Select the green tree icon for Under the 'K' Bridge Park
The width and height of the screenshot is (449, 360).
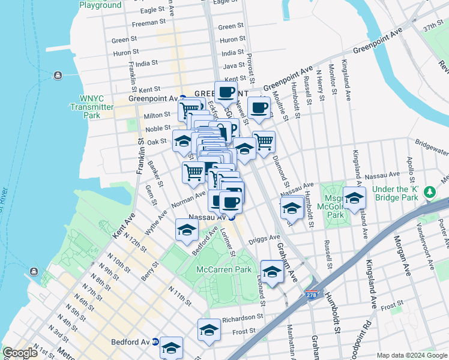point(429,192)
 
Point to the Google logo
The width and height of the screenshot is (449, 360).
point(20,353)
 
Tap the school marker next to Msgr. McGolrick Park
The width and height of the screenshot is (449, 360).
point(354,198)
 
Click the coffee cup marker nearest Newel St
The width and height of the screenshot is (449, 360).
point(259,107)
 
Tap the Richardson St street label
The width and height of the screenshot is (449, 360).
point(243,319)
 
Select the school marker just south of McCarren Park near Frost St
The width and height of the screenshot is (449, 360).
point(209,330)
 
